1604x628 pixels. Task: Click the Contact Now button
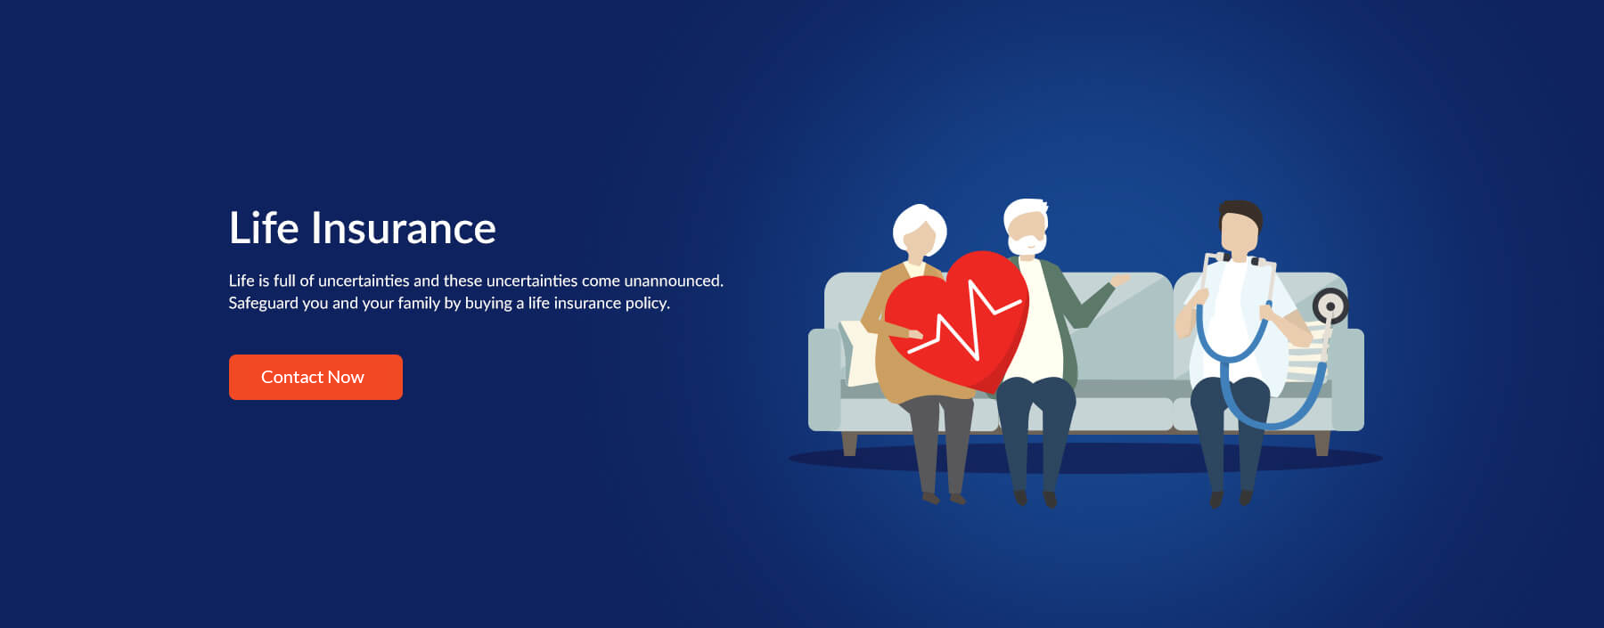[x=315, y=377]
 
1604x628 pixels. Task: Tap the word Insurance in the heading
[x=403, y=228]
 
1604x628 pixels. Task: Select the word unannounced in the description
[x=674, y=281]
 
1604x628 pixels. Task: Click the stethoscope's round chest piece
[x=1330, y=306]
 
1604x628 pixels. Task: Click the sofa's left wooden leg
[x=849, y=443]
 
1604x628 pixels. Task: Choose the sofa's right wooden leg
[x=1322, y=443]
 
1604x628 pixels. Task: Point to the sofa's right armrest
[x=1347, y=379]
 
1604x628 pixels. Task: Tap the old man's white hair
[x=1025, y=214]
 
